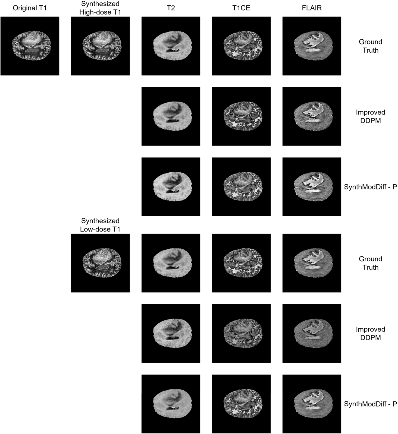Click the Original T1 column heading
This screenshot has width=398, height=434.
pyautogui.click(x=30, y=8)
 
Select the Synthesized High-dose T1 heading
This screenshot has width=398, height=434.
pyautogui.click(x=100, y=8)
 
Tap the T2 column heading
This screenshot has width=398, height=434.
pyautogui.click(x=171, y=8)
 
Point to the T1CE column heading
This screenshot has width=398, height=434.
pyautogui.click(x=241, y=8)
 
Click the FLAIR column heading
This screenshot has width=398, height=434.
pyautogui.click(x=312, y=8)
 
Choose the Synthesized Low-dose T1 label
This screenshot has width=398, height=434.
pyautogui.click(x=100, y=225)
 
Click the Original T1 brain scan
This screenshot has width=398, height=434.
pyautogui.click(x=30, y=46)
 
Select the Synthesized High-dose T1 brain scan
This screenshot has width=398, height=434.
pyautogui.click(x=100, y=46)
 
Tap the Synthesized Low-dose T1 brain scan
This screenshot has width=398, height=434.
pyautogui.click(x=100, y=263)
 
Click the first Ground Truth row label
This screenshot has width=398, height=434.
pyautogui.click(x=370, y=46)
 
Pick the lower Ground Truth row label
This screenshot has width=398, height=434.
pyautogui.click(x=370, y=263)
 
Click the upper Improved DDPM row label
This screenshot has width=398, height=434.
pyautogui.click(x=370, y=116)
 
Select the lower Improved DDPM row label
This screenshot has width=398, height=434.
pyautogui.click(x=370, y=333)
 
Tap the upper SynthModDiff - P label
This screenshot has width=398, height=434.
pyautogui.click(x=370, y=187)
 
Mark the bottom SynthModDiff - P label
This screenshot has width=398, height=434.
pyautogui.click(x=370, y=404)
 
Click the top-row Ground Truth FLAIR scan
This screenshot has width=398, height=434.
pyautogui.click(x=312, y=46)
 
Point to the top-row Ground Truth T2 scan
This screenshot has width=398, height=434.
pyautogui.click(x=171, y=46)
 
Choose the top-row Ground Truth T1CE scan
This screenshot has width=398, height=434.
pyautogui.click(x=241, y=46)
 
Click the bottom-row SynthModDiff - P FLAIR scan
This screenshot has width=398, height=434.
pyautogui.click(x=312, y=404)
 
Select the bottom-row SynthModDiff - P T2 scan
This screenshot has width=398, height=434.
pyautogui.click(x=171, y=404)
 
